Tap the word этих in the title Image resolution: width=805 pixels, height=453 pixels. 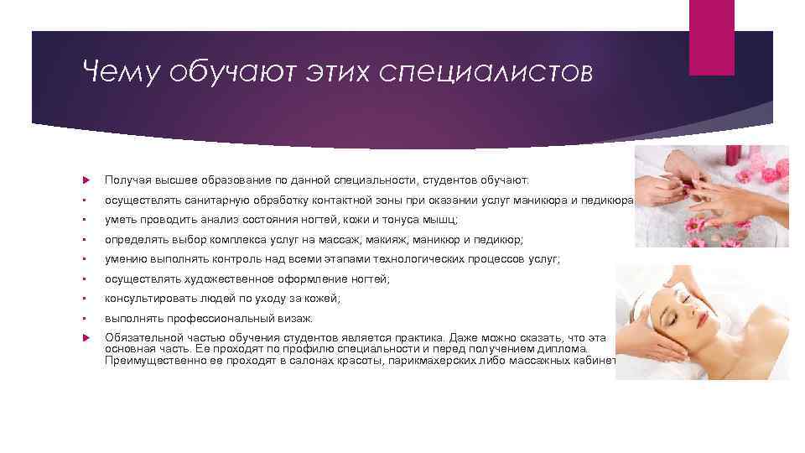(338, 73)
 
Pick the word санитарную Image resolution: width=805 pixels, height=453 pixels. (204, 200)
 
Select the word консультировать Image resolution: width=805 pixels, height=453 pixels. (152, 299)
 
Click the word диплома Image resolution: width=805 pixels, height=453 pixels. (567, 348)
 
